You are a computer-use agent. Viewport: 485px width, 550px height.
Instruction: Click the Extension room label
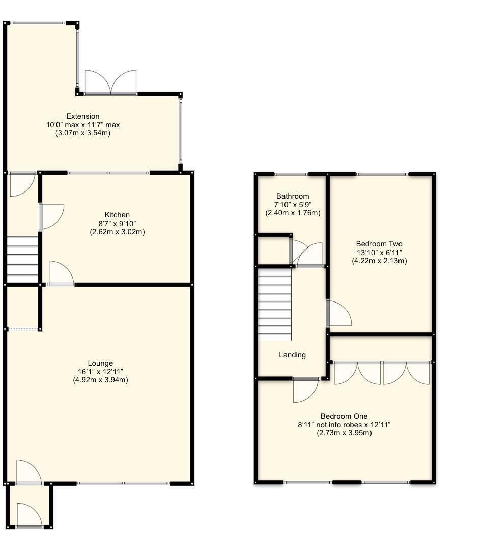coord(83,116)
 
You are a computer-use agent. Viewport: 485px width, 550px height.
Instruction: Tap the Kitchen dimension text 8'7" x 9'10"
coord(117,224)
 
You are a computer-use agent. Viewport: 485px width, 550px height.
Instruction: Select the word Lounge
coord(100,363)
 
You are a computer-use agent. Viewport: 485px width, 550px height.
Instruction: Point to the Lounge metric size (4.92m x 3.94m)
coord(100,380)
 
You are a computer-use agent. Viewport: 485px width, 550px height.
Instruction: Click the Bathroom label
coord(293,196)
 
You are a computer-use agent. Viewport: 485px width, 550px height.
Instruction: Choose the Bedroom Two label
coord(379,244)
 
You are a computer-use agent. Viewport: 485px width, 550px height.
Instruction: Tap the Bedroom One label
coord(344,416)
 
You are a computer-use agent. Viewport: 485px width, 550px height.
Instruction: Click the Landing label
coord(293,355)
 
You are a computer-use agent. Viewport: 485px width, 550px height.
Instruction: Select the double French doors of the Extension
coord(111,82)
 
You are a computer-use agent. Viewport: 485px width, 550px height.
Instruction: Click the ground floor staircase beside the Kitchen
coord(23,258)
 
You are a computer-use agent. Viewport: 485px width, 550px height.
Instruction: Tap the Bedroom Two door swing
coord(339,314)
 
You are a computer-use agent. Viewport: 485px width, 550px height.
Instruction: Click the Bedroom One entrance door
coord(305,390)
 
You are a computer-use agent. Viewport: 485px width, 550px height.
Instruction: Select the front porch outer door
coord(28,515)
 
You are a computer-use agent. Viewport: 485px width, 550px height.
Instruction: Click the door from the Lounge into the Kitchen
coord(61,273)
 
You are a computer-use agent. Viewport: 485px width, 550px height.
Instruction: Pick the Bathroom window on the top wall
coord(292,175)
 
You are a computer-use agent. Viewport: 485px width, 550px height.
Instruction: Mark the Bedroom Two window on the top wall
coord(382,175)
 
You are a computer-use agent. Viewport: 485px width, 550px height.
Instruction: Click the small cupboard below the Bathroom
coord(273,251)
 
